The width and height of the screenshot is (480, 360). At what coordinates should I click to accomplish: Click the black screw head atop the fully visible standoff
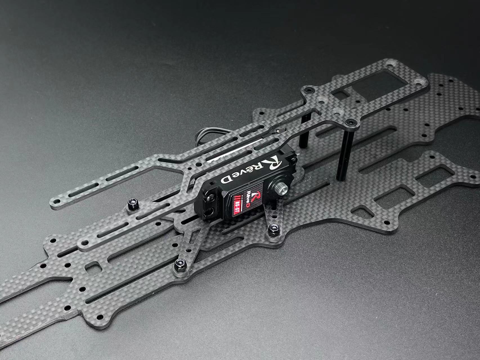pos(350,122)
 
